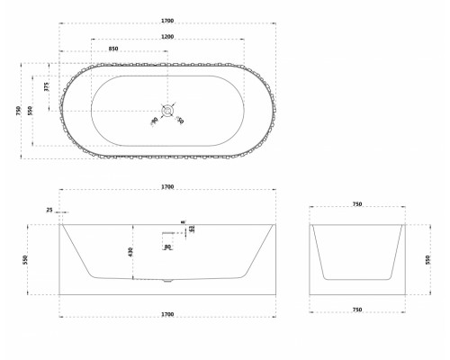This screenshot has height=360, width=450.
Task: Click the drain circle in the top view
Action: click(167, 111)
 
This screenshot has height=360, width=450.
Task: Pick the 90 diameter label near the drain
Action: click(154, 121)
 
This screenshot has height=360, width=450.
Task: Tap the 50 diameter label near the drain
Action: click(180, 121)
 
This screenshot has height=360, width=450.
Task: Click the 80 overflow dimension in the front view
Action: click(167, 246)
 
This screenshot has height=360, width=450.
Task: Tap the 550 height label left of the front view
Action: click(25, 258)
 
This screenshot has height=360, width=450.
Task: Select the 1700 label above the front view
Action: click(167, 187)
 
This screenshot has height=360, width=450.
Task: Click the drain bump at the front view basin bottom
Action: click(167, 282)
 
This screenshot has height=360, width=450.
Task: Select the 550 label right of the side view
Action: click(426, 258)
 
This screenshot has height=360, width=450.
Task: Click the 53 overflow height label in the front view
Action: click(193, 228)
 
